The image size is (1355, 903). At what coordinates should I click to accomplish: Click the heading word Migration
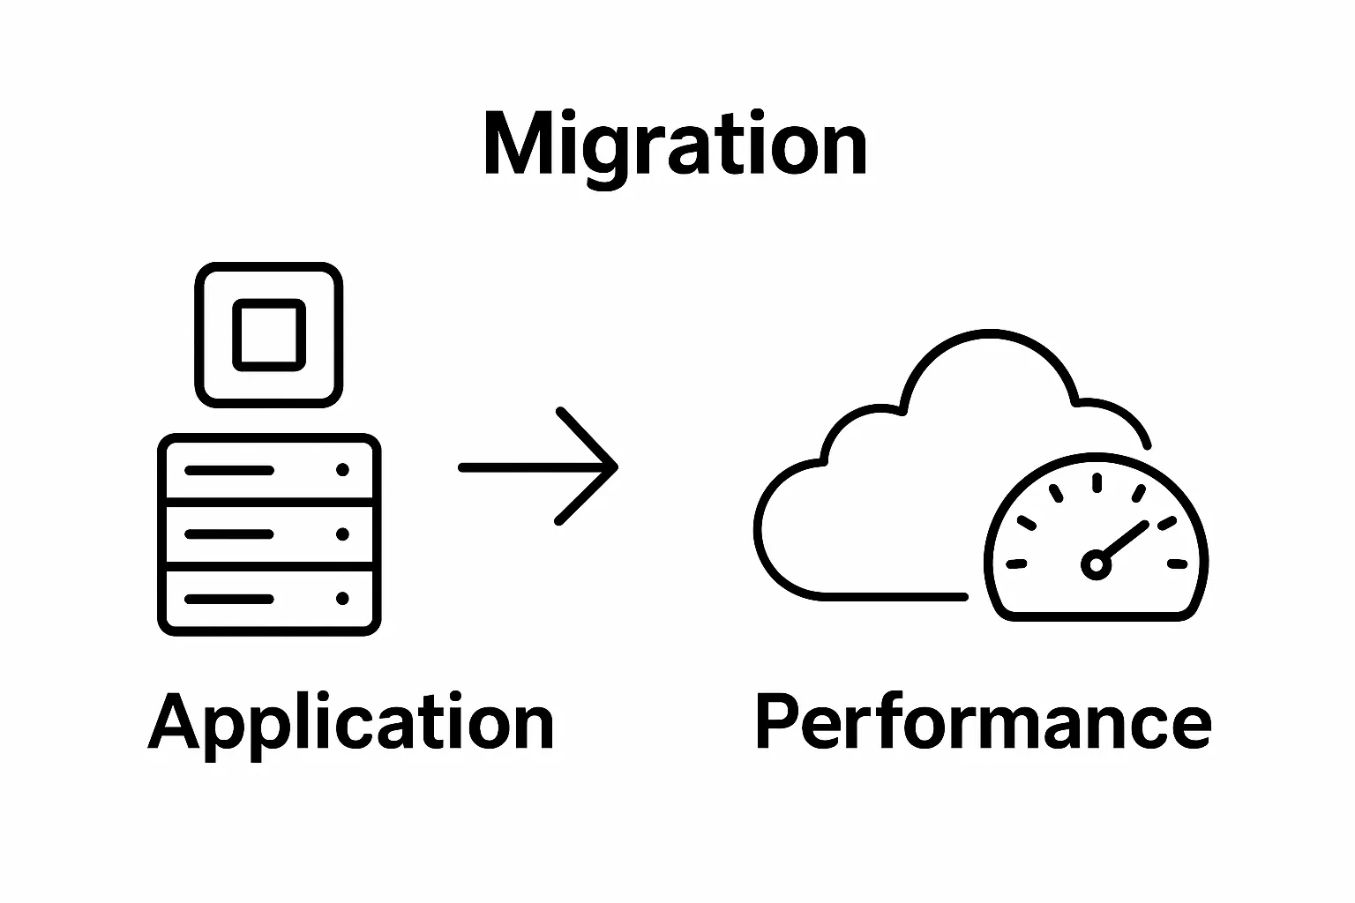pyautogui.click(x=676, y=146)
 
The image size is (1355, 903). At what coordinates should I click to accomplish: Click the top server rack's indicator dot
pyautogui.click(x=342, y=470)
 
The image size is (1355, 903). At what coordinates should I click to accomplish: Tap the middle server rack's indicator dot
pyautogui.click(x=342, y=534)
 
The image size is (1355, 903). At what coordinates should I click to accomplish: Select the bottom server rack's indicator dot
pyautogui.click(x=342, y=599)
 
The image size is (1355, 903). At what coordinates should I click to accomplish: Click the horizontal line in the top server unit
pyautogui.click(x=228, y=470)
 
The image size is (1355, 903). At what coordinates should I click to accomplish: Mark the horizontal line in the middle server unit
pyautogui.click(x=228, y=534)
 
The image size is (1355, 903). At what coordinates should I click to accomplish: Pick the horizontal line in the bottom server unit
pyautogui.click(x=228, y=599)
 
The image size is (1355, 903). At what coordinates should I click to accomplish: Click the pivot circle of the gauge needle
pyautogui.click(x=1096, y=563)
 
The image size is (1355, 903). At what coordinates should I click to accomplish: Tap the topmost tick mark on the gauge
pyautogui.click(x=1097, y=481)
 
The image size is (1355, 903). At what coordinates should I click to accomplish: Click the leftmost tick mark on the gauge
pyautogui.click(x=1017, y=563)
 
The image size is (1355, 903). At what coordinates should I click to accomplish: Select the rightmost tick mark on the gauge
pyautogui.click(x=1178, y=563)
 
